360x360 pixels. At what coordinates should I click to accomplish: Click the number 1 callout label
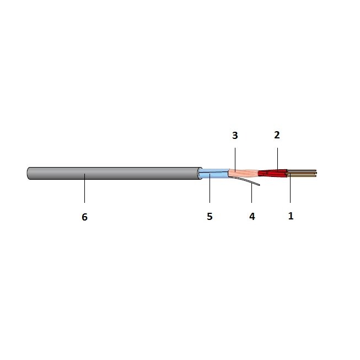pyautogui.click(x=291, y=216)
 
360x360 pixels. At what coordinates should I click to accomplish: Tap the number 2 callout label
pyautogui.click(x=277, y=135)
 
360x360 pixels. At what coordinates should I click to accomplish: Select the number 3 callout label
pyautogui.click(x=235, y=136)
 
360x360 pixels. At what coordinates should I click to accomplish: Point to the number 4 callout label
pyautogui.click(x=252, y=216)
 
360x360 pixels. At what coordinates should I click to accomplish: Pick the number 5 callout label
pyautogui.click(x=209, y=216)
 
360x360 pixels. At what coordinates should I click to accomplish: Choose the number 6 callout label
pyautogui.click(x=84, y=217)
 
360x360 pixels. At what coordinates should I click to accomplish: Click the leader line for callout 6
pyautogui.click(x=84, y=188)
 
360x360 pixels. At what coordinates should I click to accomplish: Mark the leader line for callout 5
pyautogui.click(x=209, y=188)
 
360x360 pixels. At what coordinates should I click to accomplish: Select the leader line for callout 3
pyautogui.click(x=235, y=159)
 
